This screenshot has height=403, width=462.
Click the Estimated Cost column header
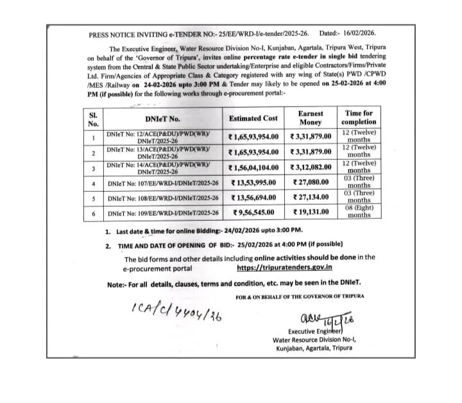pos(253,118)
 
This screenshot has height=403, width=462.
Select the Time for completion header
pos(359,117)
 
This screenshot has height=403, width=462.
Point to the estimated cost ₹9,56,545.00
pos(253,212)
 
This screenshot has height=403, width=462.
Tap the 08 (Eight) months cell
pos(359,211)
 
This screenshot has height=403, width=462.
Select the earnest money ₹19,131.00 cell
pos(311,212)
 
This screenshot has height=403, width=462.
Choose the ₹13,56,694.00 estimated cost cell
pos(254,198)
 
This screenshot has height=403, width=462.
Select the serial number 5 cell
pos(94,198)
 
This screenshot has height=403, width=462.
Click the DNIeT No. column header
pos(162,118)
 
